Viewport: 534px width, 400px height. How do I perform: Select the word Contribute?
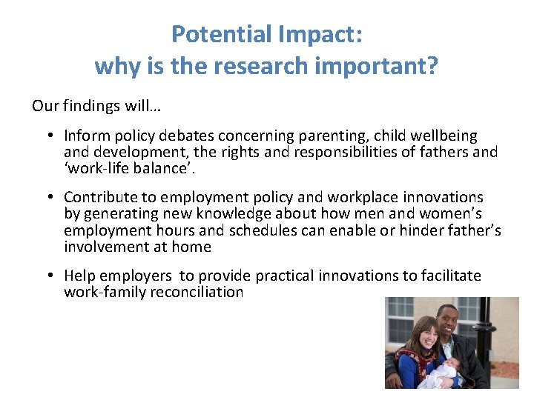[99, 197]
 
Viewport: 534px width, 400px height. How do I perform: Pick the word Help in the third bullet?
[79, 276]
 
